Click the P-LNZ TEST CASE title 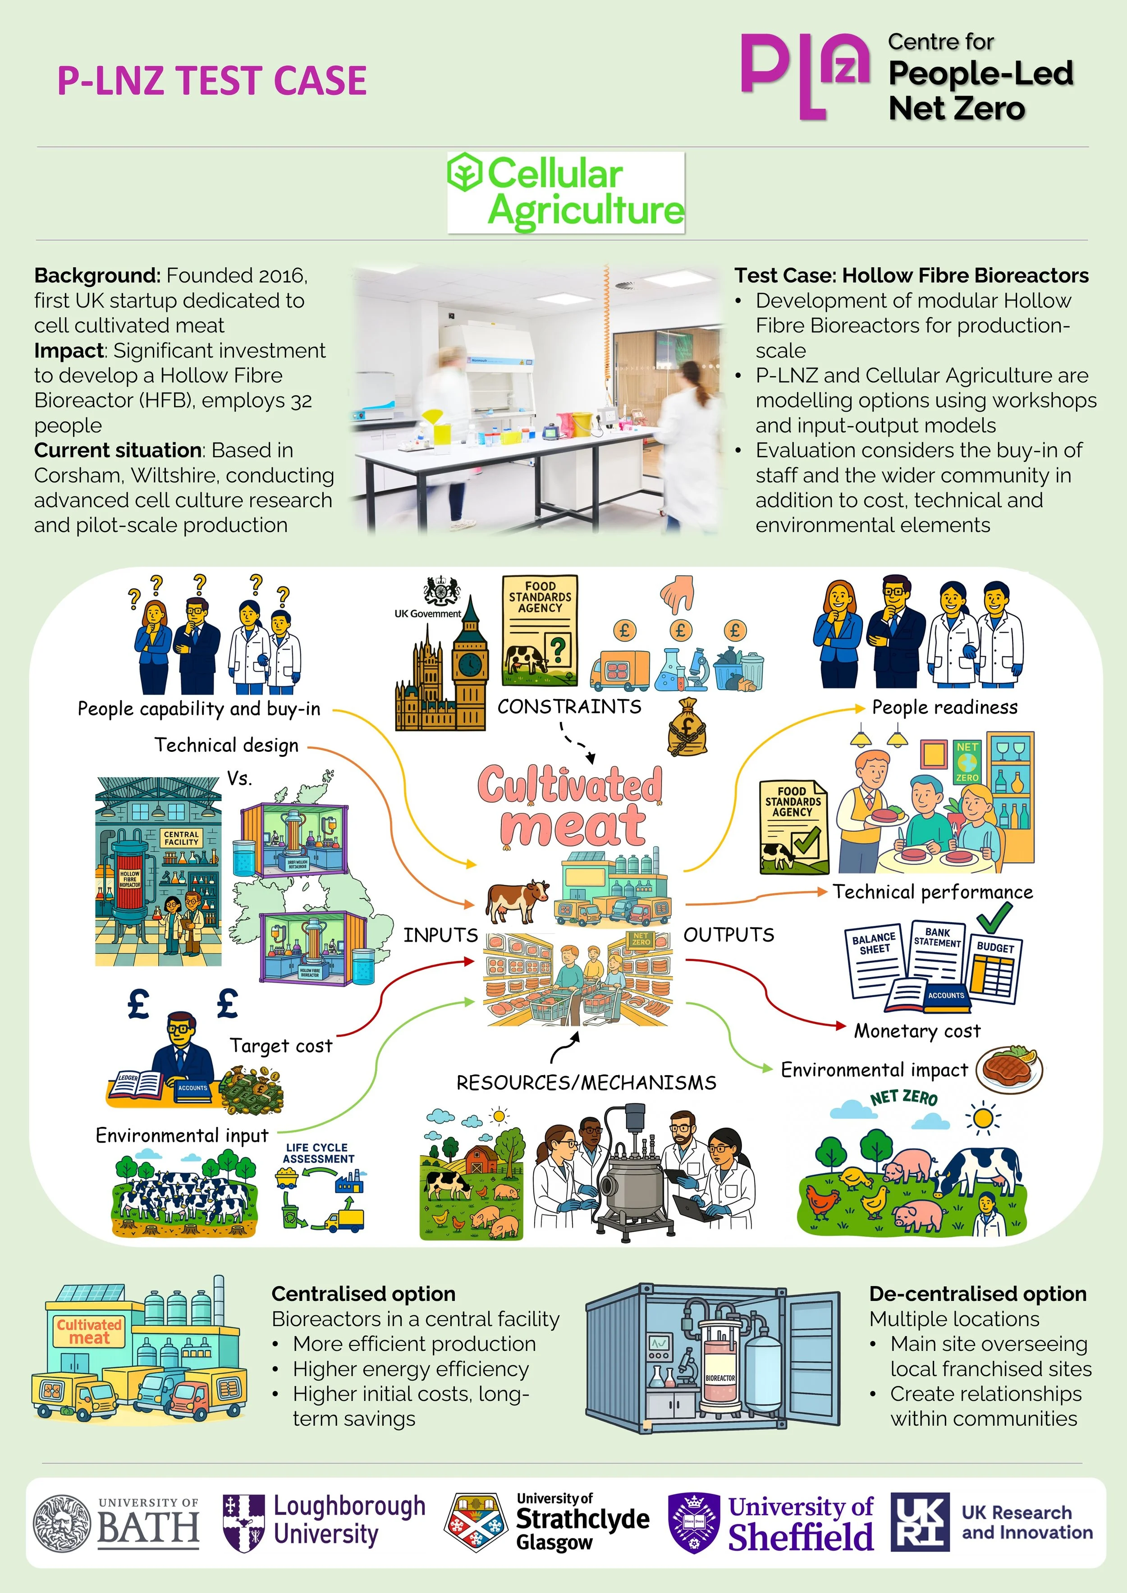pyautogui.click(x=212, y=81)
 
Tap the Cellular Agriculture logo pyautogui.click(x=566, y=192)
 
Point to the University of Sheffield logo pyautogui.click(x=770, y=1524)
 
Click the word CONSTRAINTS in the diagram pyautogui.click(x=569, y=706)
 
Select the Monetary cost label pyautogui.click(x=917, y=1031)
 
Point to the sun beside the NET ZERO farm pyautogui.click(x=983, y=1118)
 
